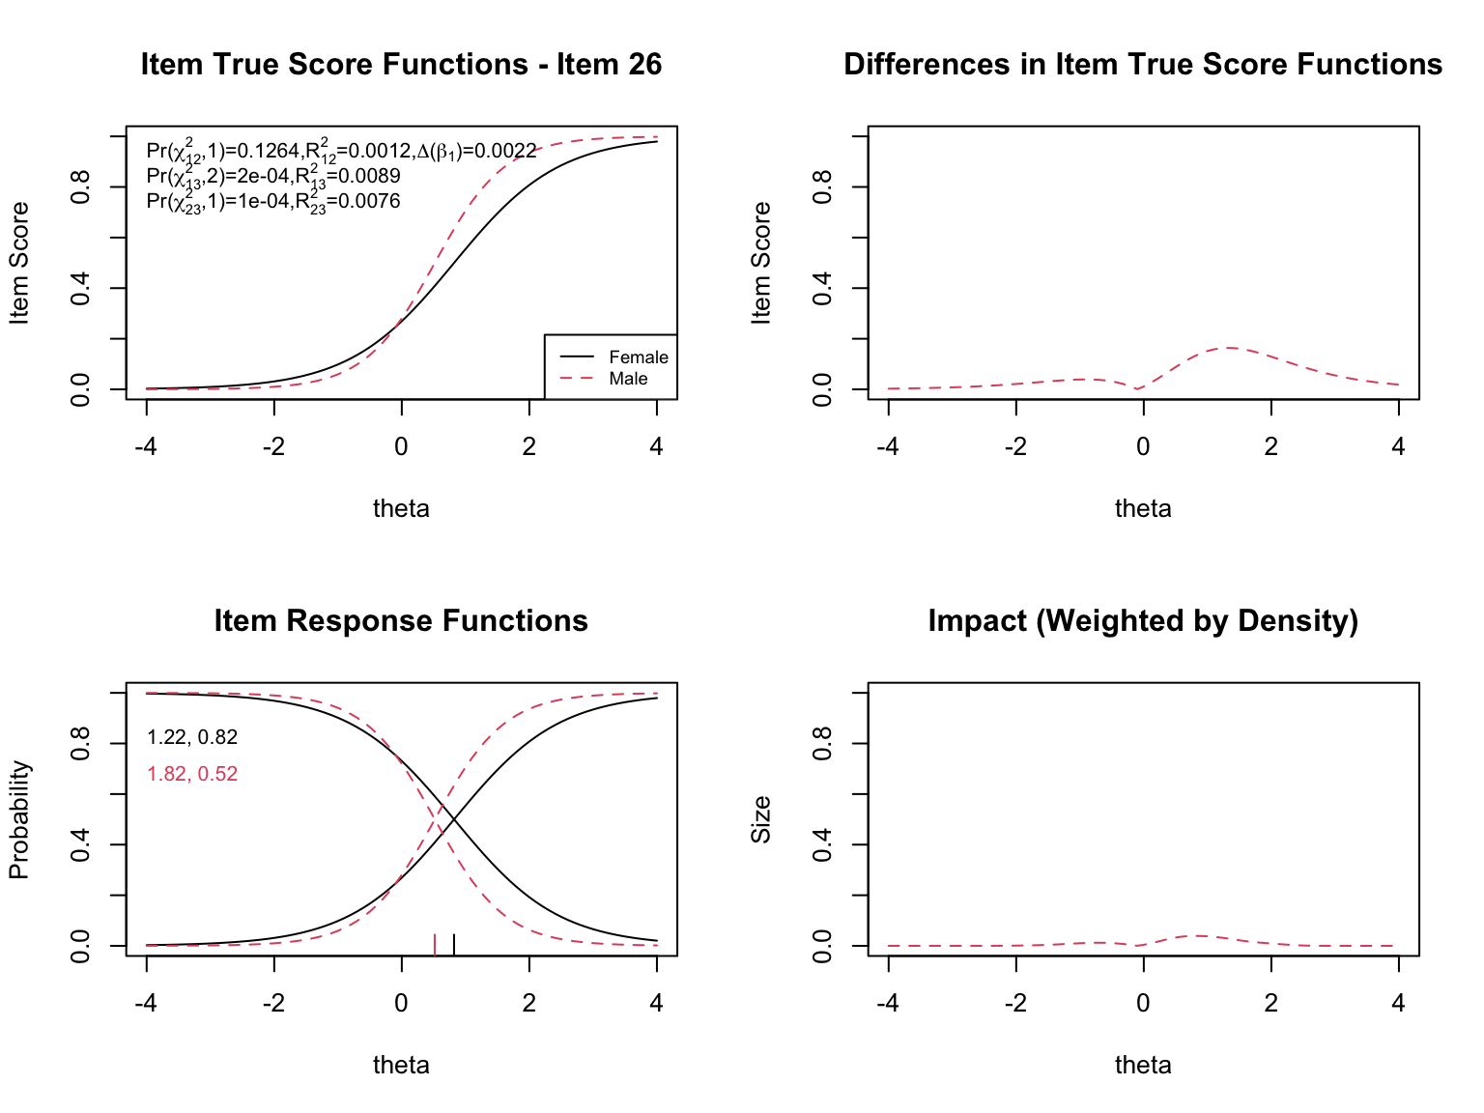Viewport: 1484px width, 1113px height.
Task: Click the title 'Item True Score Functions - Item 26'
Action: [401, 65]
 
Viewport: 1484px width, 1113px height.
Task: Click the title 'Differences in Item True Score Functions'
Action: [1143, 65]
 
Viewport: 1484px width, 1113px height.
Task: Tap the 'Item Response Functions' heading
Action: [401, 621]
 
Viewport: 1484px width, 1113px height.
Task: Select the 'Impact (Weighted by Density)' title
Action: [1143, 621]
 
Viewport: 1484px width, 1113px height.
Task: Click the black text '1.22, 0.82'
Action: [192, 738]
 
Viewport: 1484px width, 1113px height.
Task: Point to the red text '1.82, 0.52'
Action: [192, 774]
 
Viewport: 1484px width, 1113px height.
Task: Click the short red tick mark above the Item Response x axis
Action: [435, 944]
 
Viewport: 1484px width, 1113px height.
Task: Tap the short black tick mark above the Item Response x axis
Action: [454, 944]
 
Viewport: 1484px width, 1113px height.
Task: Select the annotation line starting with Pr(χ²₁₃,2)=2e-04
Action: [272, 176]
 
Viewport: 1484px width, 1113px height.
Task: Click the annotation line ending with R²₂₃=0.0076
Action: [272, 201]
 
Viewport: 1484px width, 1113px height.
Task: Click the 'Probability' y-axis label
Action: [19, 819]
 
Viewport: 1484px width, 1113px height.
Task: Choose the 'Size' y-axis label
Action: [761, 819]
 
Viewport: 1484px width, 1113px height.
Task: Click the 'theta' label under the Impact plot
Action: [1143, 1065]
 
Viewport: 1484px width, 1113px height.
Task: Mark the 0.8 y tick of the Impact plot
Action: [822, 744]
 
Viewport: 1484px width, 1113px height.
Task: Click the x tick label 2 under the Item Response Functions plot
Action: [528, 1003]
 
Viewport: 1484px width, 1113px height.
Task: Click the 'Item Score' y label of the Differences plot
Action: [761, 263]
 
